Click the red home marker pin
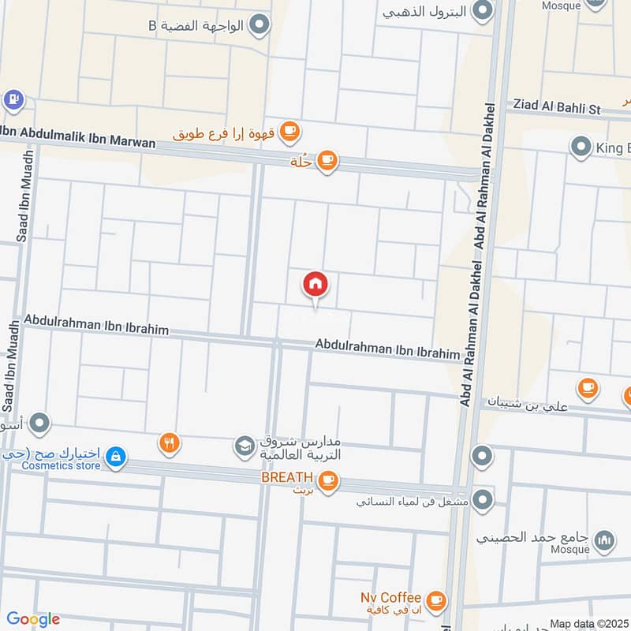click(315, 284)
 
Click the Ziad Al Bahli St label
click(557, 105)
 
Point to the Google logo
click(33, 619)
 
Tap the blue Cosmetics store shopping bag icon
click(116, 457)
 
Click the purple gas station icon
click(13, 100)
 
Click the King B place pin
click(581, 147)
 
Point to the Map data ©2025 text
click(587, 623)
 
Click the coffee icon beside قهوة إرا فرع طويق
click(290, 130)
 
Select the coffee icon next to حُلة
click(327, 162)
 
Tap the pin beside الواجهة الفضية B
click(259, 27)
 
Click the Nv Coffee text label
click(391, 597)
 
